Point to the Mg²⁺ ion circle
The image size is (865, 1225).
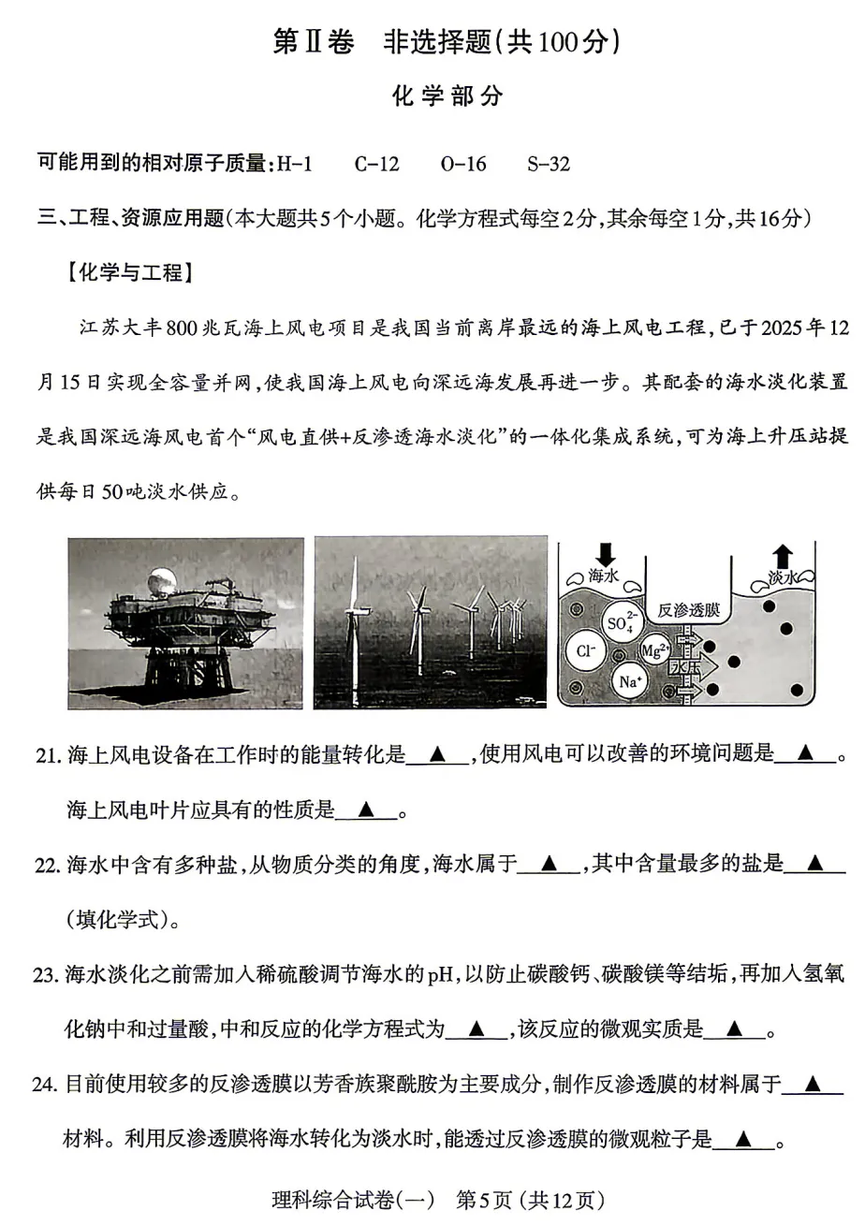point(653,649)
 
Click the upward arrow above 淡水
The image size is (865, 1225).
point(783,556)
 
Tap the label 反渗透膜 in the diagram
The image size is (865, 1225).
point(688,609)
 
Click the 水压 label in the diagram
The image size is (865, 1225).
point(683,666)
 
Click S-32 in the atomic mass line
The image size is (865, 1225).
point(549,164)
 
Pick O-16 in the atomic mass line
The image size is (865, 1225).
point(463,164)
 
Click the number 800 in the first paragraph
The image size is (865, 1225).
point(183,328)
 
